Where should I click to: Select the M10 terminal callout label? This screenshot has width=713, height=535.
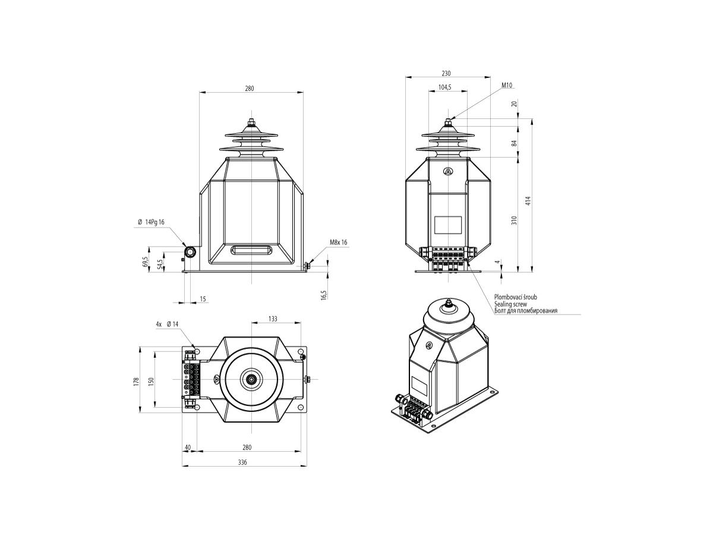506,86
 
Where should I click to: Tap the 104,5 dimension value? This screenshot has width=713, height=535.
444,87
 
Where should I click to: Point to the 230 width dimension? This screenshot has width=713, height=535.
446,73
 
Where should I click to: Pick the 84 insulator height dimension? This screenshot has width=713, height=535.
514,143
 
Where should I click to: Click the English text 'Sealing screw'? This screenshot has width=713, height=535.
510,304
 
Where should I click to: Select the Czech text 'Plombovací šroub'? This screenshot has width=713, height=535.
516,297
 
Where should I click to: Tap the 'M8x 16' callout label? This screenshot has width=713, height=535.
339,243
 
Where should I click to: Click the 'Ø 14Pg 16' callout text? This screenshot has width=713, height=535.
152,222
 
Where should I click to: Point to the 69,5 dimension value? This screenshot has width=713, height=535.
145,262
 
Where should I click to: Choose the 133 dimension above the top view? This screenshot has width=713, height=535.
273,319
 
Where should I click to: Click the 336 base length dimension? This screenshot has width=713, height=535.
242,462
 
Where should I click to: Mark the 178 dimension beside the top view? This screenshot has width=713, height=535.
136,382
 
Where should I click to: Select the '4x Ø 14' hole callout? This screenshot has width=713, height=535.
167,324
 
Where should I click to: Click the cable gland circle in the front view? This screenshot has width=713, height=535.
190,251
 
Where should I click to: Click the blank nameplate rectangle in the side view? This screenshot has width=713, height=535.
448,225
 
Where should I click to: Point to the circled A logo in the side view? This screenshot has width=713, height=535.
448,171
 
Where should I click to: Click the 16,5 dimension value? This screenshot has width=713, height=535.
324,295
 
